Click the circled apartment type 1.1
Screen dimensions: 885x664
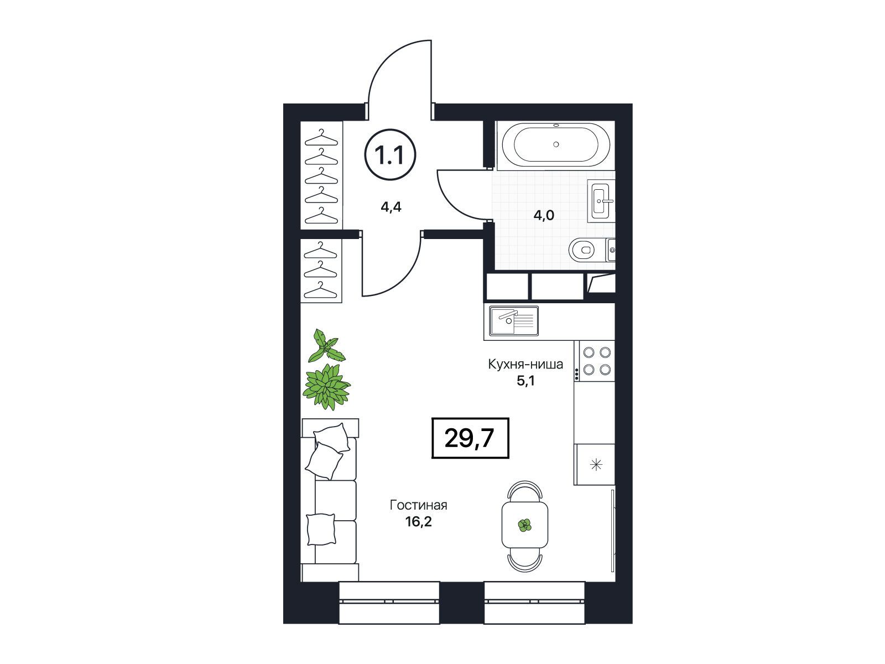(x=390, y=154)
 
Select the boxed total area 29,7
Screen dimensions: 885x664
(x=470, y=438)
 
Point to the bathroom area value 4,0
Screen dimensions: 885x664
(x=544, y=215)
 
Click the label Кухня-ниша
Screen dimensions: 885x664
(x=525, y=365)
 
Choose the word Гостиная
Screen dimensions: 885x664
(x=418, y=505)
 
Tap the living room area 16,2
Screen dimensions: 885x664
(x=419, y=522)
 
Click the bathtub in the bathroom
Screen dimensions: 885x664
(x=555, y=145)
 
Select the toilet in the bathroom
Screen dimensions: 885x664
(x=587, y=250)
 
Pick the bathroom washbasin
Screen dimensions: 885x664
(x=601, y=200)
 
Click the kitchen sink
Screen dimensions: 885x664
(x=514, y=320)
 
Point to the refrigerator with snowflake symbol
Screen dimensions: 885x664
(x=595, y=464)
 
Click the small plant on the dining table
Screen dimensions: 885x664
(x=524, y=525)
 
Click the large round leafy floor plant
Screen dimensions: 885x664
(x=326, y=386)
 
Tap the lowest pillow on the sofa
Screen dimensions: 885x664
(x=321, y=530)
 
